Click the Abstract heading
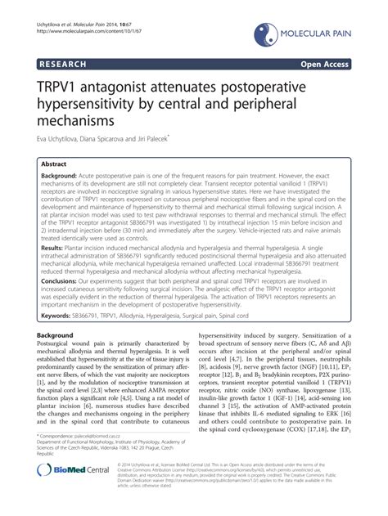59,163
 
